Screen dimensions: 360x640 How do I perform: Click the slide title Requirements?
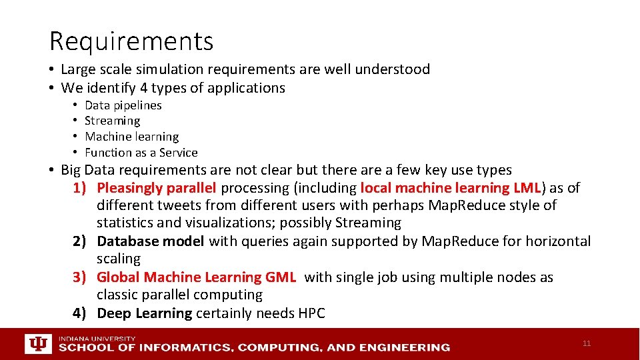click(x=131, y=41)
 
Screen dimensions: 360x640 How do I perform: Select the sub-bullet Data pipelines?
click(x=123, y=105)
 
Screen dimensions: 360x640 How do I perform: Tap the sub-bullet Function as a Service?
click(x=141, y=153)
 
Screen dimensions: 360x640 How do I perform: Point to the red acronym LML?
click(x=527, y=188)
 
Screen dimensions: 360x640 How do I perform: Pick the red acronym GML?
click(x=280, y=277)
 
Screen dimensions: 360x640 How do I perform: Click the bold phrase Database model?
click(x=150, y=241)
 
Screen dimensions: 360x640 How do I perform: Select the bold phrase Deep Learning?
click(x=144, y=313)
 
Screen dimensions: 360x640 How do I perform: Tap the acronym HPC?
click(x=310, y=313)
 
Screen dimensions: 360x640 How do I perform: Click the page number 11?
click(x=586, y=343)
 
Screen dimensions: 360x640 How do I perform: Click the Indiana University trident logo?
click(x=37, y=344)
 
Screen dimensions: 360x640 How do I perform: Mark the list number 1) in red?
click(x=81, y=188)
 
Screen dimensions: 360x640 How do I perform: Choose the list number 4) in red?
click(x=81, y=313)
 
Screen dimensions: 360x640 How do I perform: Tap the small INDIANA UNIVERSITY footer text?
click(x=97, y=339)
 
